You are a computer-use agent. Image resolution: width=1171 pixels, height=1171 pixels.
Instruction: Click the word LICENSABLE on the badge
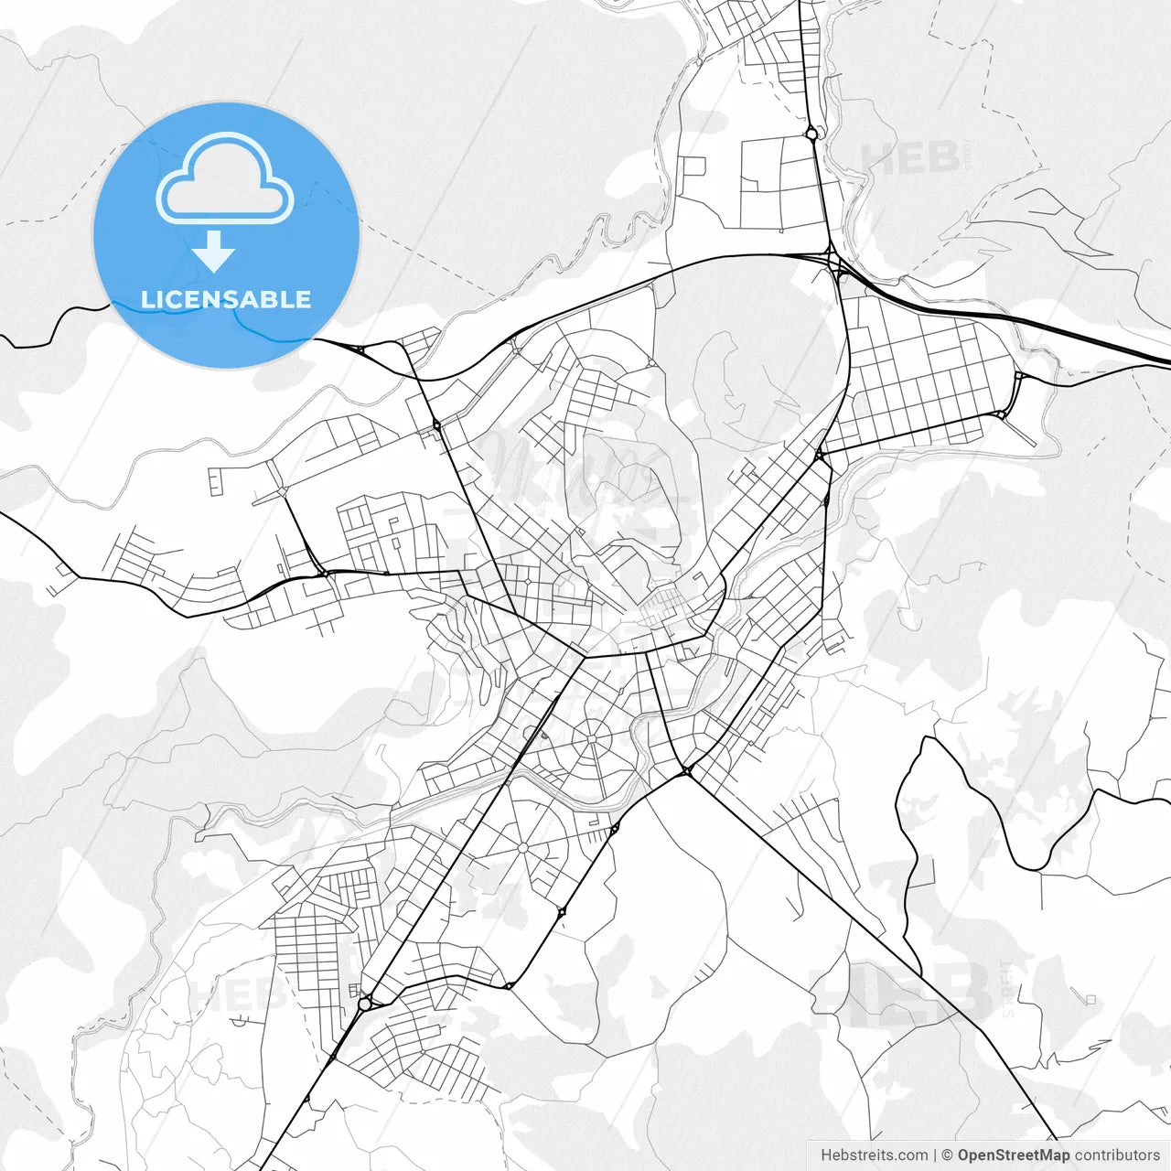click(x=226, y=299)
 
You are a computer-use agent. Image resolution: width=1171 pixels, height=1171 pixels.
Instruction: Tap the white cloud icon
click(x=224, y=179)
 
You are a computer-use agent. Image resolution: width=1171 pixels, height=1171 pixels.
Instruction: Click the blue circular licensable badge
click(x=226, y=235)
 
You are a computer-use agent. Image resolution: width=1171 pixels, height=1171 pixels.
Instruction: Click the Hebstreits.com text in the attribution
click(x=874, y=1155)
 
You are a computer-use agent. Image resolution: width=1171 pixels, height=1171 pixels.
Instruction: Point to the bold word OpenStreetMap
click(x=1013, y=1155)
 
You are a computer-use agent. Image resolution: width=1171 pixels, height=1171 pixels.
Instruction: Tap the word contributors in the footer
click(x=1117, y=1155)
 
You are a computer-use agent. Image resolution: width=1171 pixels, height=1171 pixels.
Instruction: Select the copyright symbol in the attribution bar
click(x=948, y=1155)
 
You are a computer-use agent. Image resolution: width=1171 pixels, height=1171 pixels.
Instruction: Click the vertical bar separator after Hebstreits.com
click(x=935, y=1155)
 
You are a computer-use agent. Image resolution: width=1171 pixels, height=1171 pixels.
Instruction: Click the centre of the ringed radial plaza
click(x=593, y=737)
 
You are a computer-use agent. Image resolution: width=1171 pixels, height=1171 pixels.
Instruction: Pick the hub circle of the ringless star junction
click(x=522, y=849)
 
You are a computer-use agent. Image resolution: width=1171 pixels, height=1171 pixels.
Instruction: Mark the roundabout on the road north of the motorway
click(x=811, y=134)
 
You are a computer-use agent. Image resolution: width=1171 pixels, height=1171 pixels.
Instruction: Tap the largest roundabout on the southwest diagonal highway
click(x=365, y=1004)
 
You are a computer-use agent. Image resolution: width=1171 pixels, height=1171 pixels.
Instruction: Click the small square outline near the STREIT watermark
click(x=1091, y=998)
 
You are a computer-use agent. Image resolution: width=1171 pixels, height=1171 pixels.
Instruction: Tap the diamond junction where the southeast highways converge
click(x=686, y=772)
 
